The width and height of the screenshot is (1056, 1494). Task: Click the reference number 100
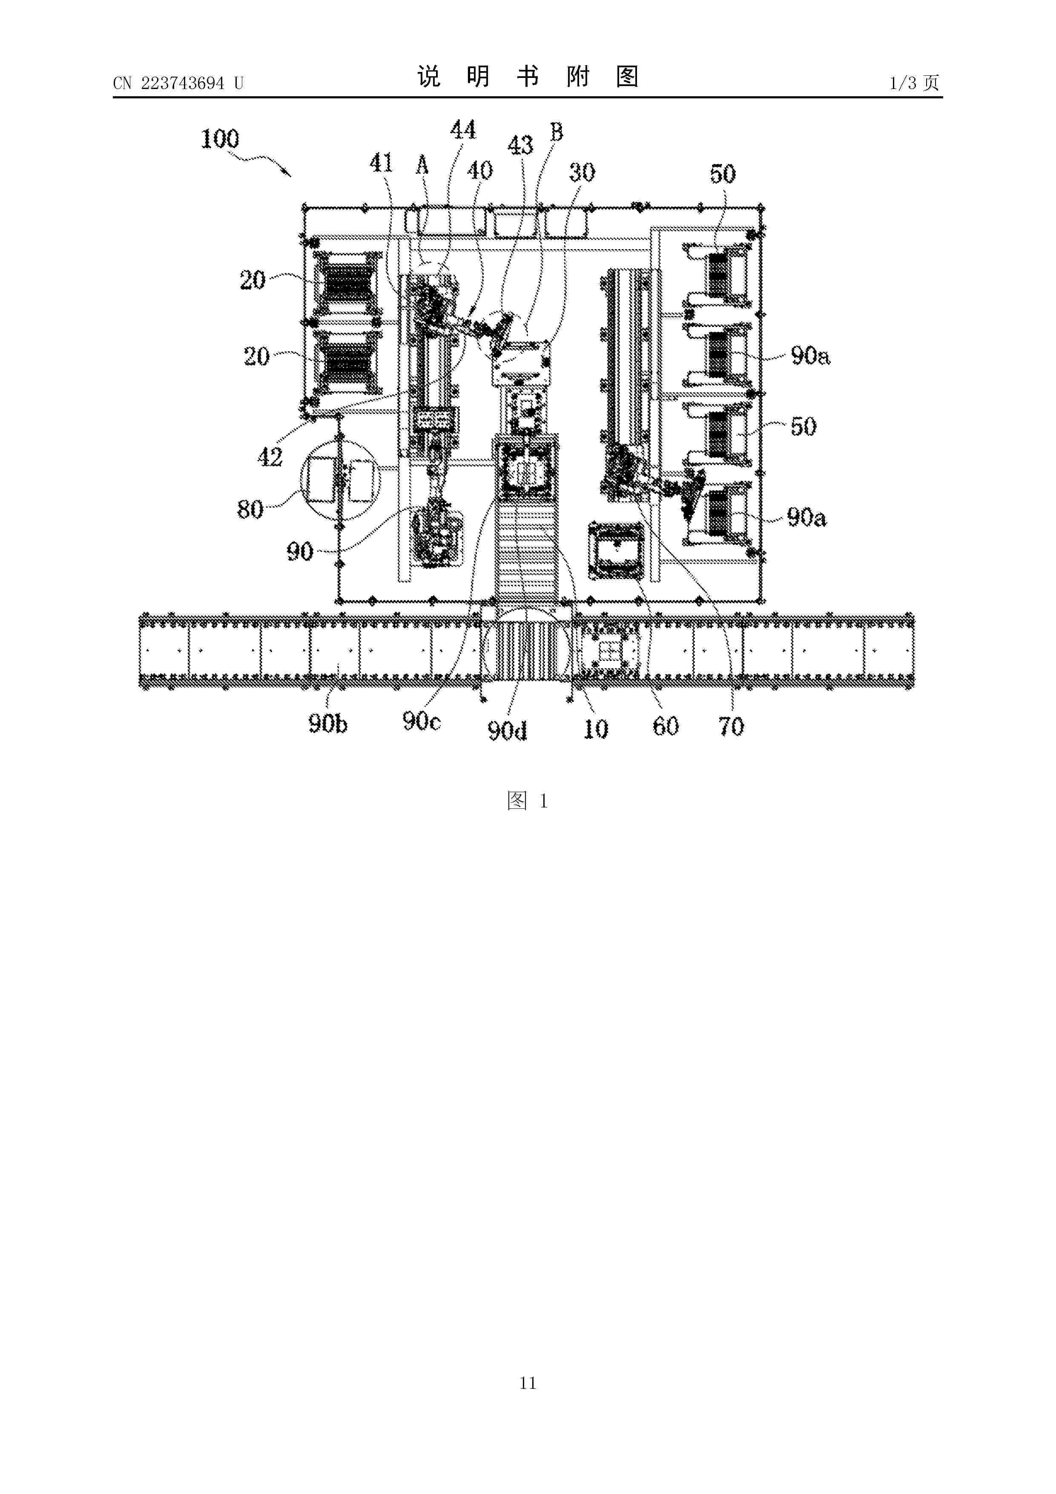coord(220,139)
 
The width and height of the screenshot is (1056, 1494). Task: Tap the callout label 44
coord(463,130)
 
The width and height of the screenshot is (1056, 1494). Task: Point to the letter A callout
coord(422,165)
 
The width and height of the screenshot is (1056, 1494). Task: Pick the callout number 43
coord(520,146)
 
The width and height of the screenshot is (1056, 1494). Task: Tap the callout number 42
coord(270,457)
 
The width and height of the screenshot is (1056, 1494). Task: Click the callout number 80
coord(250,509)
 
